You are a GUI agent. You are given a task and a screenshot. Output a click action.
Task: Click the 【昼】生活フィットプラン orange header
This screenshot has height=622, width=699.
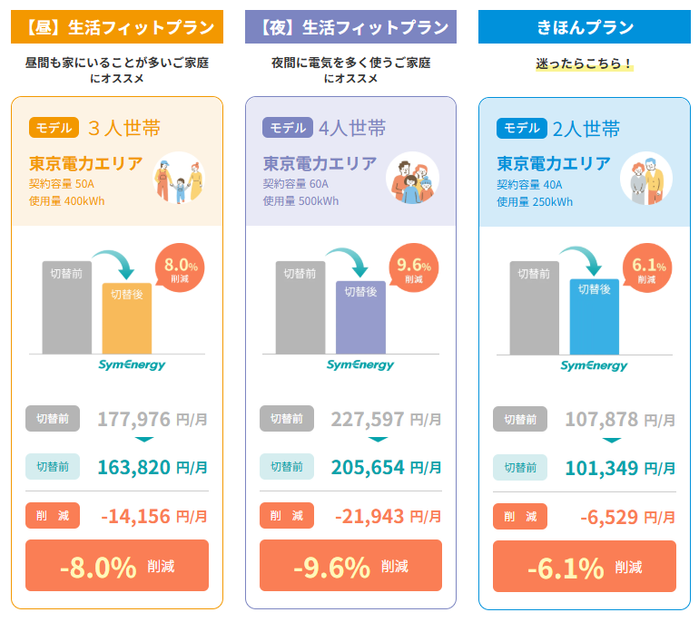[x=117, y=27]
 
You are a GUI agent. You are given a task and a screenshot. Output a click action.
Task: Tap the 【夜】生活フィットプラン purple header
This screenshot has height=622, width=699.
[x=350, y=27]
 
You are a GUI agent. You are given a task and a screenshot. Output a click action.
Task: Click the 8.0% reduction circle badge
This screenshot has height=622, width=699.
[x=182, y=269]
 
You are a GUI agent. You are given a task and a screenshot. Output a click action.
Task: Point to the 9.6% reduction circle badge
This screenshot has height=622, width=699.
[x=415, y=269]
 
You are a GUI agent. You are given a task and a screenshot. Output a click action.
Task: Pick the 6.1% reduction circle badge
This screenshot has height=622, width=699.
[x=648, y=269]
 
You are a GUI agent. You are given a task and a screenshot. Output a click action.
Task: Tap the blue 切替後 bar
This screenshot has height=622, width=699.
[x=595, y=319]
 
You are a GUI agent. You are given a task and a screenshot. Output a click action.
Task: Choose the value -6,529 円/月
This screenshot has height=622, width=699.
[x=627, y=516]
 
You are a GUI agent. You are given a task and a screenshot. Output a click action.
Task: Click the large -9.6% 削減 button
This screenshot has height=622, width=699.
[x=350, y=566]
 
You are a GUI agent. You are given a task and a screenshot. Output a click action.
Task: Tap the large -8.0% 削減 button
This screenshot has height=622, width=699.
[x=117, y=566]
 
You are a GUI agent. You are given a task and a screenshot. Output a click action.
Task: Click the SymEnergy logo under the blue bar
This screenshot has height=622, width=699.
[x=594, y=365]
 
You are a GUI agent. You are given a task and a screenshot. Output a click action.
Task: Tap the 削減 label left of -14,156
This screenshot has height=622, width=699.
[x=53, y=516]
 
